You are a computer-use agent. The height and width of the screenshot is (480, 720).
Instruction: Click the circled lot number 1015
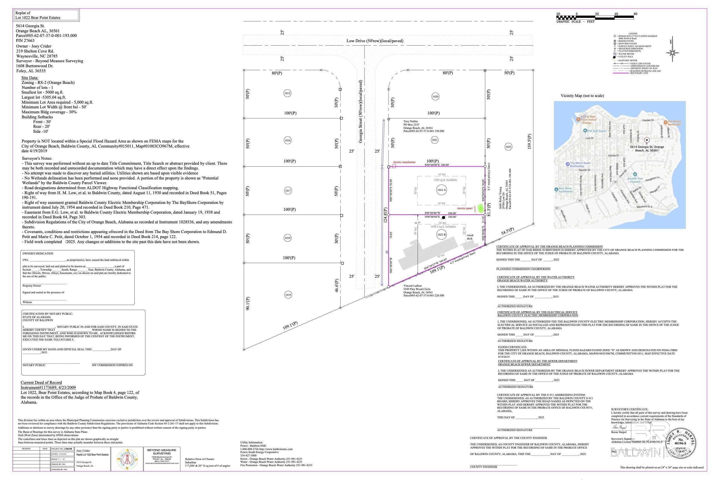tap(287, 93)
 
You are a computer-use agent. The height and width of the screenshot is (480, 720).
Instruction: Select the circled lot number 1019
tap(288, 295)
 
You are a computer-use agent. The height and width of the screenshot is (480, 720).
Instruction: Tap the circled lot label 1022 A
tap(441, 190)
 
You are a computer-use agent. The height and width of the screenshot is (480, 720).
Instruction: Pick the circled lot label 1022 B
tap(441, 235)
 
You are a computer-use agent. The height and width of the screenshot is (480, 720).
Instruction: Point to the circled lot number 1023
tap(508, 147)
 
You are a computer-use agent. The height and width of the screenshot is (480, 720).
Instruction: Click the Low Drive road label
tap(375, 41)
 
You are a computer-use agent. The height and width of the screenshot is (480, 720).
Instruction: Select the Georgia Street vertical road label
tap(361, 111)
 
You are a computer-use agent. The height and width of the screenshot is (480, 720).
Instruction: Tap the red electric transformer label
tap(404, 162)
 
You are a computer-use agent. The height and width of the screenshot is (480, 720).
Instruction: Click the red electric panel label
tap(464, 208)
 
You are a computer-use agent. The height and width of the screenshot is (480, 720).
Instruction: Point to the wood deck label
tap(470, 237)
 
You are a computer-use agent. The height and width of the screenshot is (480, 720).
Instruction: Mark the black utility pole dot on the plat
tap(444, 218)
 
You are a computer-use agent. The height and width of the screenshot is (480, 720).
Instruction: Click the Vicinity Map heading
tap(582, 96)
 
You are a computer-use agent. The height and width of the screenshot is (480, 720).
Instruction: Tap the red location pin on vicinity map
tap(647, 141)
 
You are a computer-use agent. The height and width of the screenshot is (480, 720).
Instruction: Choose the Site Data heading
tap(30, 78)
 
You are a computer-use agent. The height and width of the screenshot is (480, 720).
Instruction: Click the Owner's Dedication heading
tap(38, 253)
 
